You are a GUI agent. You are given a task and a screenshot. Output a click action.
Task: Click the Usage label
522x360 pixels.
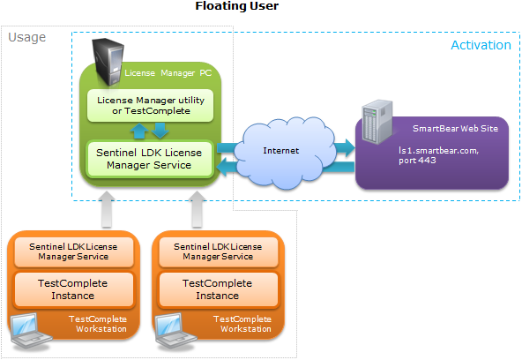26,38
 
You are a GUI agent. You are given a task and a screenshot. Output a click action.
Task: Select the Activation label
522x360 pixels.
481,45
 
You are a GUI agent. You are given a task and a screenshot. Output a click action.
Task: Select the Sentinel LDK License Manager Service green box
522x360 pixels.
151,159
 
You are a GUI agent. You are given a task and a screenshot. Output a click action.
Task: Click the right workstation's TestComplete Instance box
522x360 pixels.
217,289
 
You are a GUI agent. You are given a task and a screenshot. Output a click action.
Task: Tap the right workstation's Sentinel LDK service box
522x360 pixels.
217,251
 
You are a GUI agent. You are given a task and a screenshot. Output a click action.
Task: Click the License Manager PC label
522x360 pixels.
168,72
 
